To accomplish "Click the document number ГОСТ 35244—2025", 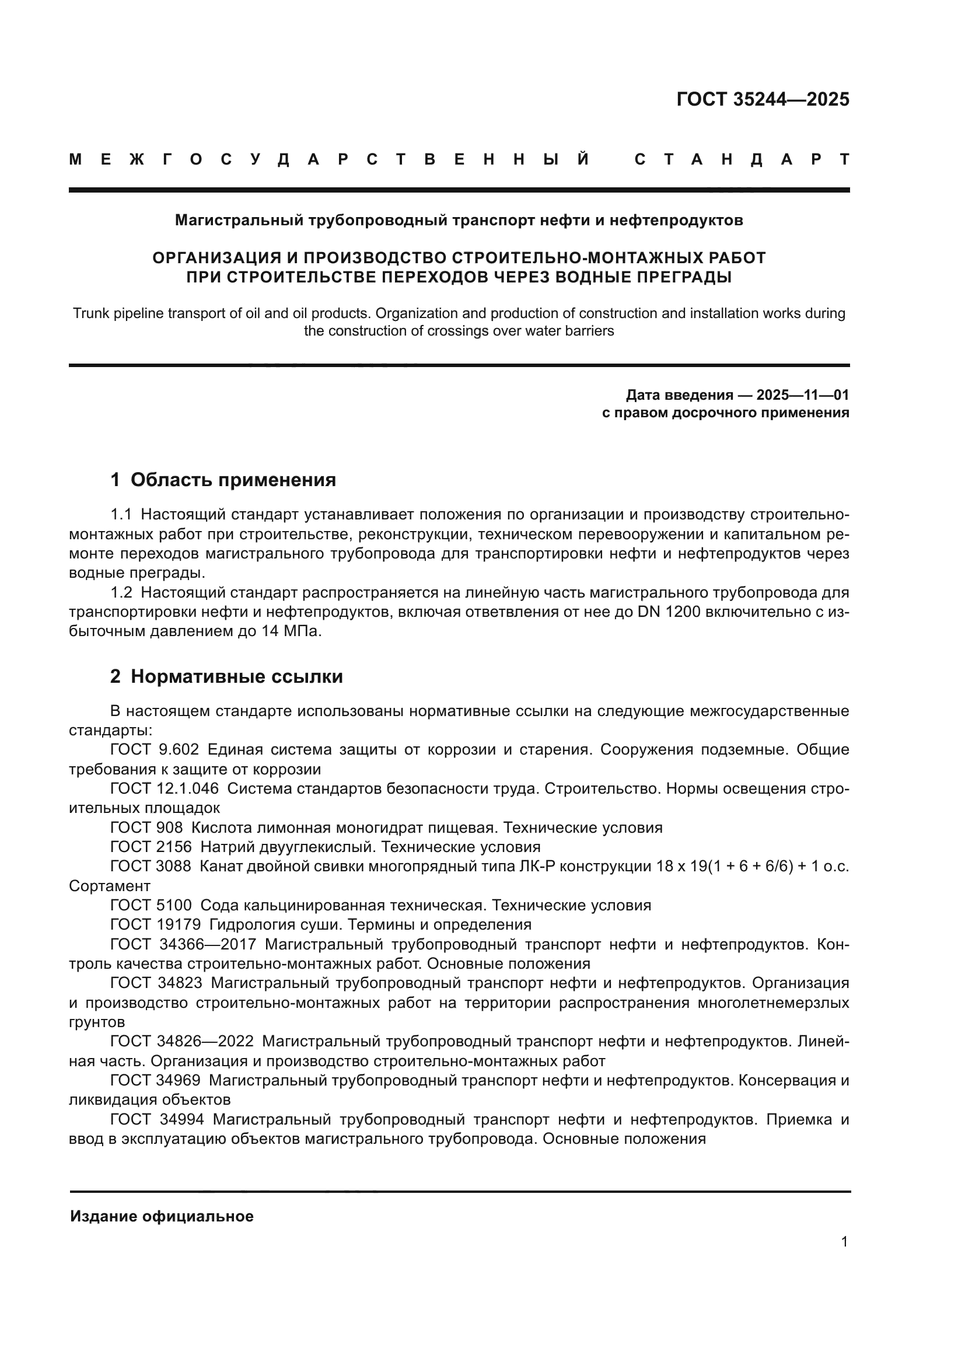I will pyautogui.click(x=763, y=99).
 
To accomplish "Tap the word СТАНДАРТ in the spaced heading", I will pyautogui.click(x=742, y=160).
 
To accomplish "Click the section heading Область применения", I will pyautogui.click(x=233, y=480).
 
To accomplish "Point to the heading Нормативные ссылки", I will pyautogui.click(x=236, y=676).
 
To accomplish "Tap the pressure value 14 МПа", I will pyautogui.click(x=291, y=631).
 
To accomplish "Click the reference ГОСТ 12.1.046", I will pyautogui.click(x=164, y=789).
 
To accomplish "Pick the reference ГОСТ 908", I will pyautogui.click(x=146, y=828).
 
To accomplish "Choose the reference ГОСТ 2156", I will pyautogui.click(x=151, y=847).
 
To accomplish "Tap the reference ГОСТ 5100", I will pyautogui.click(x=151, y=906).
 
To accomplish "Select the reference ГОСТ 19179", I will pyautogui.click(x=155, y=924).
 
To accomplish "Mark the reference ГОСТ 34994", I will pyautogui.click(x=157, y=1119).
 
